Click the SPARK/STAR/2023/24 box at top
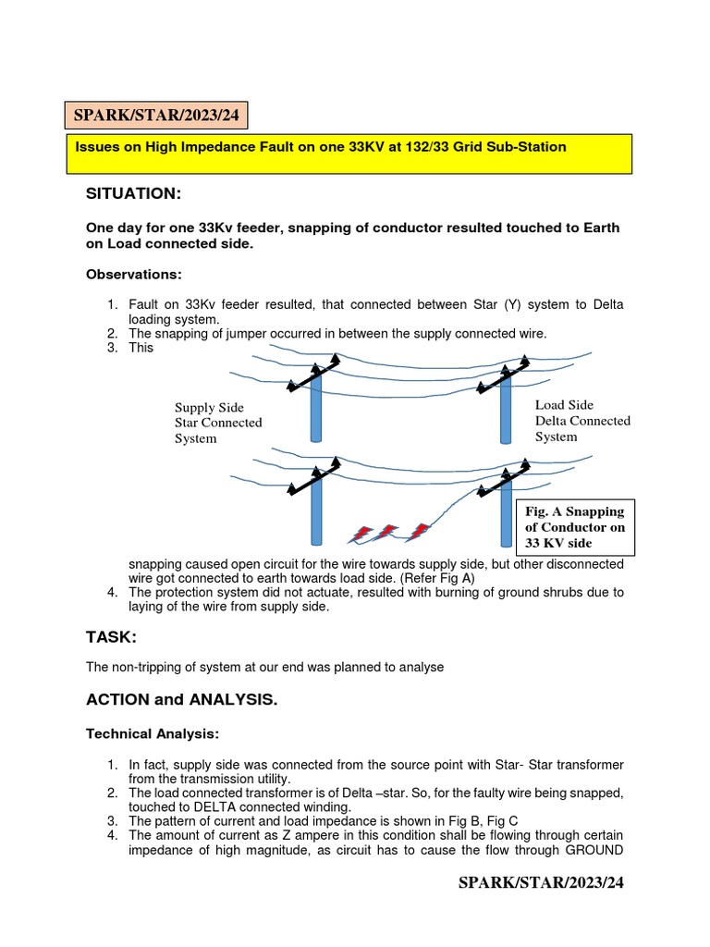156,117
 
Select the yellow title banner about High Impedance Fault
349,154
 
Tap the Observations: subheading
134,275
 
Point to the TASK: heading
112,638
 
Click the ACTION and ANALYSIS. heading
181,700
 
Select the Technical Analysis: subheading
153,733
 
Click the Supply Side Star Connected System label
218,423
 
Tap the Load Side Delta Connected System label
582,421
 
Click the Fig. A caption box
575,527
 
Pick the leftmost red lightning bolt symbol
360,534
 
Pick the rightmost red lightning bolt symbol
419,532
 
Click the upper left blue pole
315,407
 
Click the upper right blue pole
506,407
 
